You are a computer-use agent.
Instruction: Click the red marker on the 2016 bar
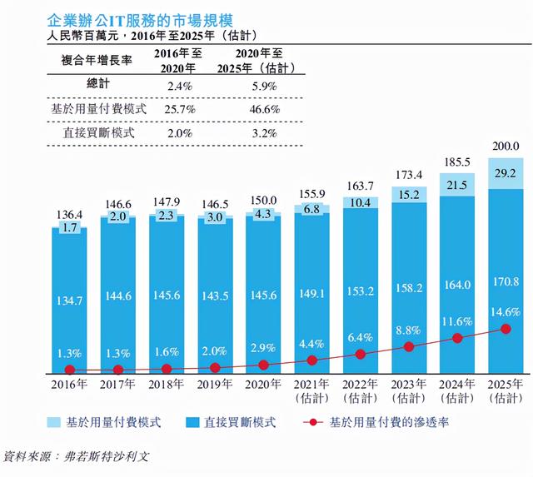pos(70,370)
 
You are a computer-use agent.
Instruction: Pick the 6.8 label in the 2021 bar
pos(311,208)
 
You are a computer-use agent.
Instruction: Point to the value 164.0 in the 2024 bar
pos(456,284)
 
